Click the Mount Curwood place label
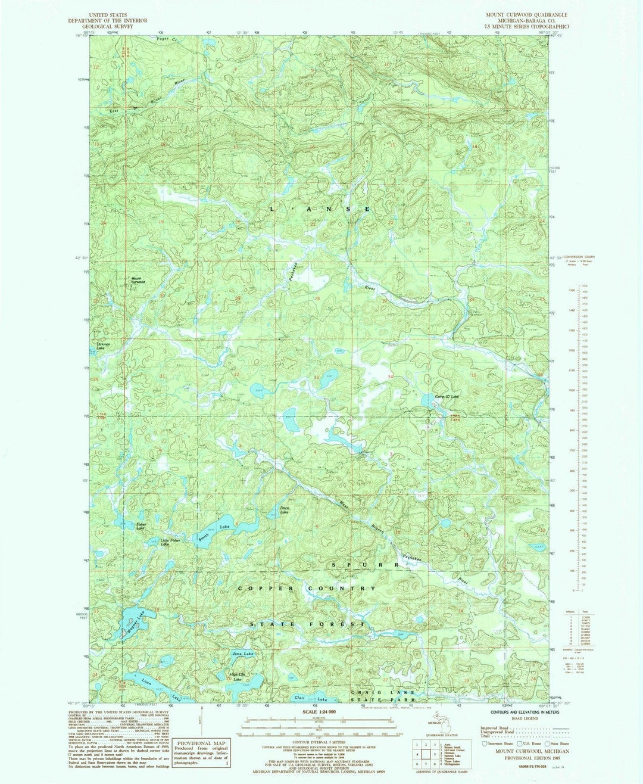pos(138,280)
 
